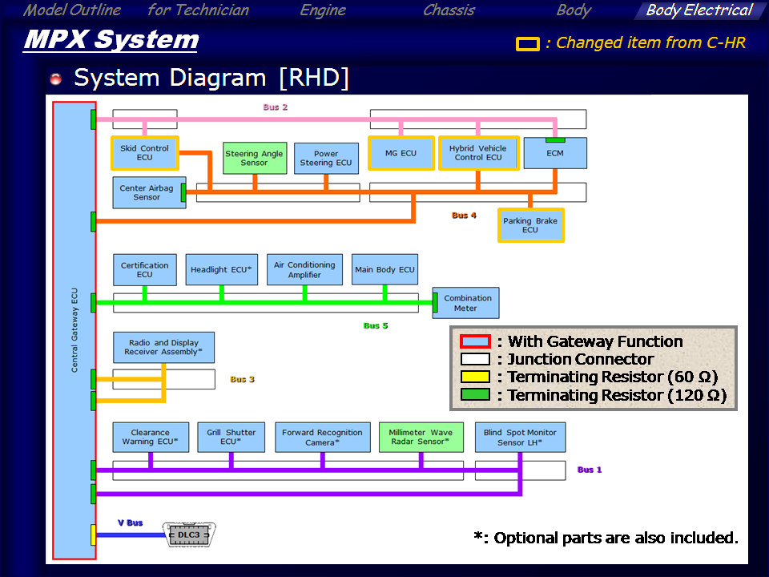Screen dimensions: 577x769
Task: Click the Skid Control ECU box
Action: (x=144, y=153)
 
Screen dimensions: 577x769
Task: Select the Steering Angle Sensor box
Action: (x=254, y=158)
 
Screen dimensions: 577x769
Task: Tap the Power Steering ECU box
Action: (x=326, y=158)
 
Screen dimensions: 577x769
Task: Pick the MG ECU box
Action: (x=401, y=153)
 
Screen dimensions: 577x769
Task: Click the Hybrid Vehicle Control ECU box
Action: (x=477, y=153)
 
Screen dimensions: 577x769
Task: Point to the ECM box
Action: (x=555, y=153)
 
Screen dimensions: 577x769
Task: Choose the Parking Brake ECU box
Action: (x=530, y=225)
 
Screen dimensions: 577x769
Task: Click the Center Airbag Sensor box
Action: (x=148, y=192)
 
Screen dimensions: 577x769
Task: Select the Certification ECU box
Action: (x=144, y=270)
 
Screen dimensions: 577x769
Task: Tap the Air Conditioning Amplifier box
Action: (x=304, y=270)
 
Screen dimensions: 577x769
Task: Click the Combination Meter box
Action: (x=466, y=303)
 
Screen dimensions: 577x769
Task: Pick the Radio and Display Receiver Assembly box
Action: (x=163, y=348)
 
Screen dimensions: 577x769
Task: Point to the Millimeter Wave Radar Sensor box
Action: (x=421, y=437)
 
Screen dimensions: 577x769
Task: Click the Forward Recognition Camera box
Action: (x=323, y=437)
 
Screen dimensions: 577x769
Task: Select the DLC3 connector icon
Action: (x=190, y=535)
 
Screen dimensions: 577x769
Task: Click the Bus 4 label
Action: (x=464, y=216)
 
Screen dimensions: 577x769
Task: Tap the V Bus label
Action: (x=130, y=523)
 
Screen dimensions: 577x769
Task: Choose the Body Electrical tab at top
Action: (x=699, y=10)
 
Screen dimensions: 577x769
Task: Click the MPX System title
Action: (x=111, y=39)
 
